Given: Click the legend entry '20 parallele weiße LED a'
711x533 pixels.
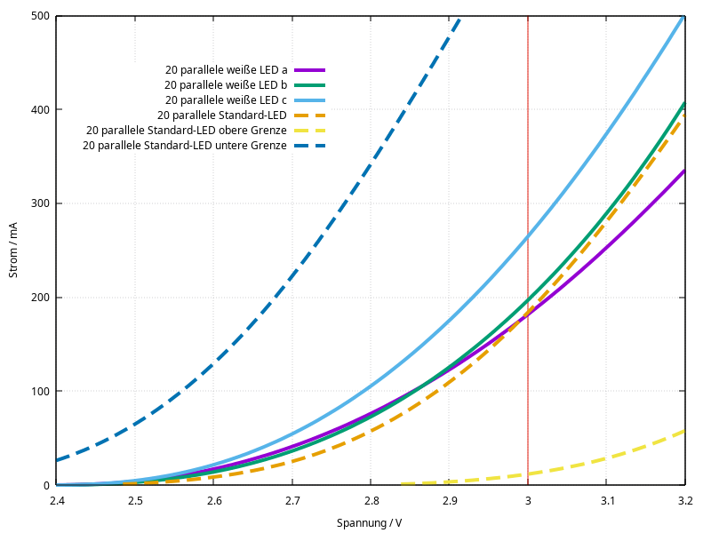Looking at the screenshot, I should click(226, 69).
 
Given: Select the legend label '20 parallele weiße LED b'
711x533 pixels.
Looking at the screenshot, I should click(226, 84).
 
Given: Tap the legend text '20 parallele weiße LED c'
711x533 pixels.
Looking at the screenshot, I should click(226, 99).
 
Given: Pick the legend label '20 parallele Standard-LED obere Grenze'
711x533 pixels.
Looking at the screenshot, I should click(186, 130).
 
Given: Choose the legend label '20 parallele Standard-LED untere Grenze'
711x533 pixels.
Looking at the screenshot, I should click(185, 145).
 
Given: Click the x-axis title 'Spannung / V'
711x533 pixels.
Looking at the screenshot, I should click(369, 523).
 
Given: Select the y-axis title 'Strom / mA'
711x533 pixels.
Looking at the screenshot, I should click(13, 251).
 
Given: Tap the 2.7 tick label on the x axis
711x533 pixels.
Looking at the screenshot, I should click(292, 501).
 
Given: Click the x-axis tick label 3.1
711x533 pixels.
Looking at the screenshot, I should click(606, 501).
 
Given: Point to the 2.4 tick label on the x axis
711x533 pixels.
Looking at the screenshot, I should click(56, 501).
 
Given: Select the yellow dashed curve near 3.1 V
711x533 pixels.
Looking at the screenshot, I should click(606, 458).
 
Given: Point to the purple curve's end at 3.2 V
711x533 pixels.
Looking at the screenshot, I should click(683, 171).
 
